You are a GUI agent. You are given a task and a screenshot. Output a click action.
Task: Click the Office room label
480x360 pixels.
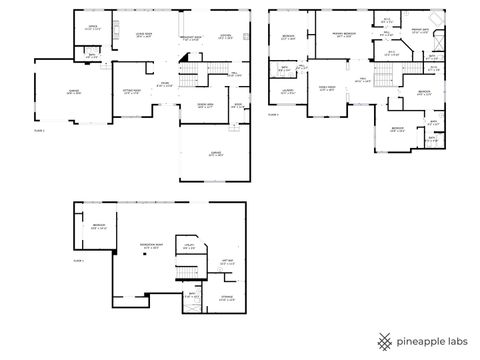(x=92, y=28)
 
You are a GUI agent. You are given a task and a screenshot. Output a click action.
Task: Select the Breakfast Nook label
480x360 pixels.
(x=191, y=39)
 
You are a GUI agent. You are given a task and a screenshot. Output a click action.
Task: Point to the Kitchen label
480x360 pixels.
(x=226, y=34)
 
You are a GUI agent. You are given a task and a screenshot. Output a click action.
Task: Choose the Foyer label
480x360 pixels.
(x=165, y=84)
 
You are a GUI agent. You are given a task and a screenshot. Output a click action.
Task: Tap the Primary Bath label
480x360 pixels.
(x=421, y=31)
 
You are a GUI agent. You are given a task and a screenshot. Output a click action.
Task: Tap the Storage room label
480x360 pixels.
(x=227, y=296)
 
